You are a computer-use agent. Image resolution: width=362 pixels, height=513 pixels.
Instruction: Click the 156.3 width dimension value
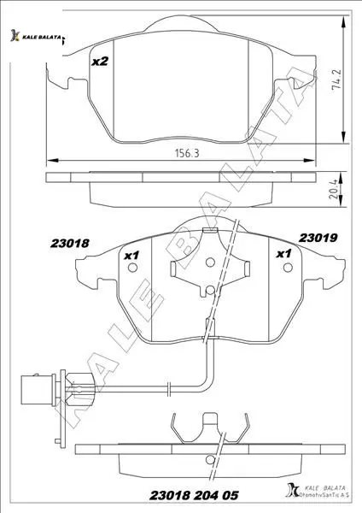(187, 153)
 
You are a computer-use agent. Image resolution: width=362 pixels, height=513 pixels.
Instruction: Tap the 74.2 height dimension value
(336, 80)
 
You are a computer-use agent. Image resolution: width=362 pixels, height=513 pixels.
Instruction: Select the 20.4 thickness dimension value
(334, 191)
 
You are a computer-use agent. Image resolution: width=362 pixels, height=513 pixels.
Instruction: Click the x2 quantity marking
(99, 62)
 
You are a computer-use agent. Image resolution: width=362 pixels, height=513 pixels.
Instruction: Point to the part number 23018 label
(70, 243)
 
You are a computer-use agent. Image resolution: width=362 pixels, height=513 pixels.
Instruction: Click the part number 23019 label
(318, 238)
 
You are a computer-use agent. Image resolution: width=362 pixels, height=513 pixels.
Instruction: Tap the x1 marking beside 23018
(131, 255)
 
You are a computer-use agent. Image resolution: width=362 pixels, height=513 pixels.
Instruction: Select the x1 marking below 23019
(283, 253)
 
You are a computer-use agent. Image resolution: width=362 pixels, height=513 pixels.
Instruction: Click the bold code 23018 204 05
(194, 495)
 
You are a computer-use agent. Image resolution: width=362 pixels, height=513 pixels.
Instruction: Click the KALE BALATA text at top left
(41, 37)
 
